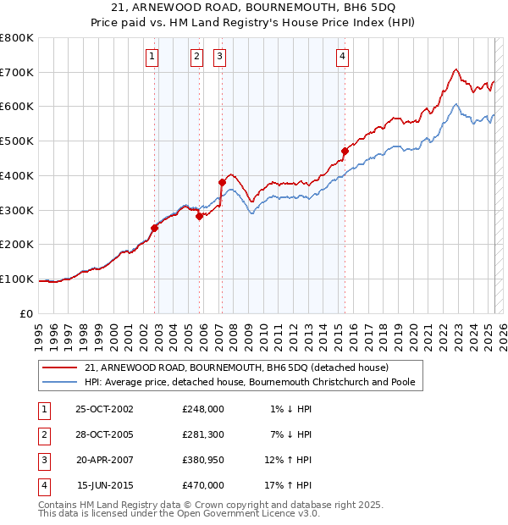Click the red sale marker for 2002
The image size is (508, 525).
[x=155, y=228]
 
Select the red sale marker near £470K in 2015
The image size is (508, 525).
[x=345, y=152]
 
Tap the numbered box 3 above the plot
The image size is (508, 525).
[x=219, y=57]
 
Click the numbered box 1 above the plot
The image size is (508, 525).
[x=152, y=57]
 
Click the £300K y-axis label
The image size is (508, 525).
[x=18, y=210]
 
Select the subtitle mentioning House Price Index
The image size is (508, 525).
[x=254, y=25]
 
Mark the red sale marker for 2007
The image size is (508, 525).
[x=222, y=182]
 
